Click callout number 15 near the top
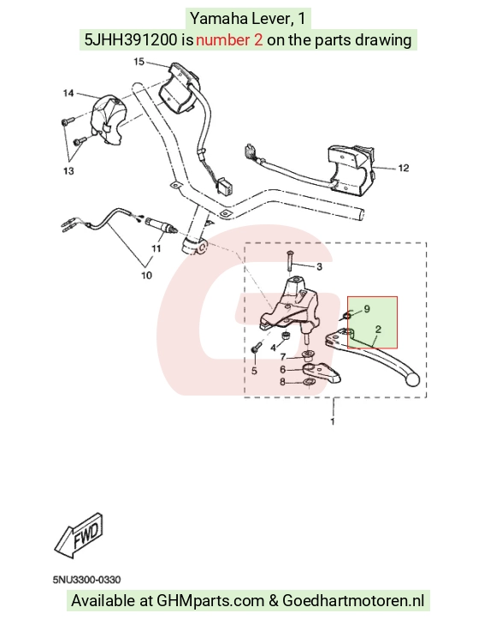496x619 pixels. click(139, 62)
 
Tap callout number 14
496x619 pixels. click(68, 93)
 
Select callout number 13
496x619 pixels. click(68, 171)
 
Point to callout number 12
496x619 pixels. click(404, 168)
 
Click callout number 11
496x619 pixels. click(156, 248)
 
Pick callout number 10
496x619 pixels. click(146, 275)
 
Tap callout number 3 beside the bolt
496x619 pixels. click(319, 267)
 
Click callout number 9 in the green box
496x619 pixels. click(367, 309)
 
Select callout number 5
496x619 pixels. click(254, 371)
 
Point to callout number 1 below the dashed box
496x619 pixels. click(333, 421)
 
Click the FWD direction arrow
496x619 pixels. click(80, 536)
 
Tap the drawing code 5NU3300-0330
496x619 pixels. click(86, 580)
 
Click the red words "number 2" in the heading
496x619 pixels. click(229, 40)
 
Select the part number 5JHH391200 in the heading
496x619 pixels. click(131, 40)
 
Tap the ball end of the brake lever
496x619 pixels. click(412, 379)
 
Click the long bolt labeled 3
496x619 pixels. click(289, 260)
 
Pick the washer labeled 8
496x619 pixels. click(309, 382)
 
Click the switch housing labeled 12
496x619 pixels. click(352, 171)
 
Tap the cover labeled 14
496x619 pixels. click(108, 120)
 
